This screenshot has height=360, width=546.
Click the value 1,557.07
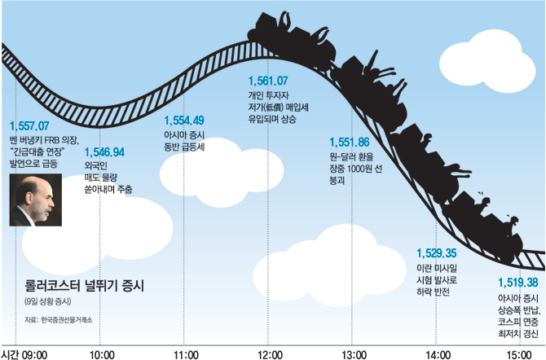coord(30,127)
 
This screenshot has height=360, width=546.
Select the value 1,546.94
coord(104,152)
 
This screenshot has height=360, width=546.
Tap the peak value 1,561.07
coord(268,81)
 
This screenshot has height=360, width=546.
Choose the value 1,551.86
coord(350,141)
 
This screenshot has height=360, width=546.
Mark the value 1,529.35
coord(435,253)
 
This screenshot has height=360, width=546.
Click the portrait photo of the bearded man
coord(34,201)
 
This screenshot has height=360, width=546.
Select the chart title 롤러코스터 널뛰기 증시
coord(84,285)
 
